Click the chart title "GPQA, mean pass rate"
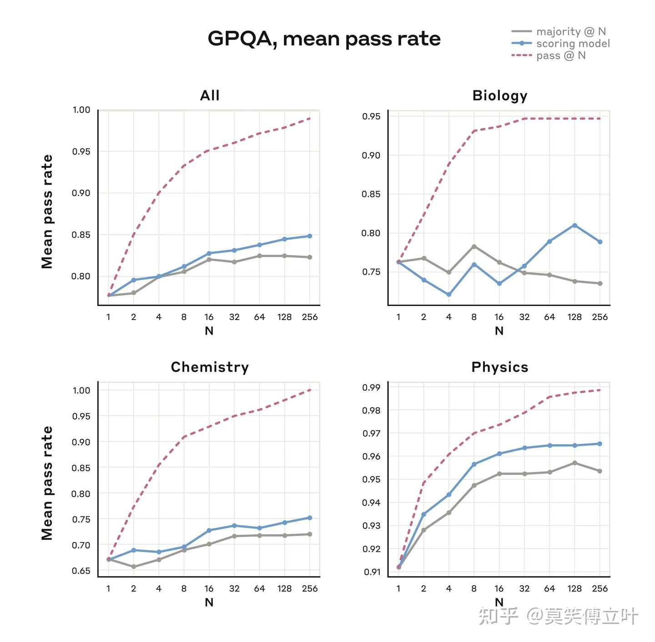[324, 39]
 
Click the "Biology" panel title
[499, 96]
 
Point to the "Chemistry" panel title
[210, 367]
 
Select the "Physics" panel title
[499, 367]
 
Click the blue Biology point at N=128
[574, 226]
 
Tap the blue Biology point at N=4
[448, 294]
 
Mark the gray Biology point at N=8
[474, 246]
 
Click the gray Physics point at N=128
[574, 463]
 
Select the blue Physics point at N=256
[600, 444]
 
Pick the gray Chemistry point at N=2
[134, 567]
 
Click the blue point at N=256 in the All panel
[310, 236]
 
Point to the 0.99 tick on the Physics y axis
[371, 387]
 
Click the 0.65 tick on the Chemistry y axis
[81, 571]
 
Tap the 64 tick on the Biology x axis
[549, 317]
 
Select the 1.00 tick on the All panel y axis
[81, 110]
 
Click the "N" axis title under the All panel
[209, 331]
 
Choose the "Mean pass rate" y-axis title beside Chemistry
[47, 483]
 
